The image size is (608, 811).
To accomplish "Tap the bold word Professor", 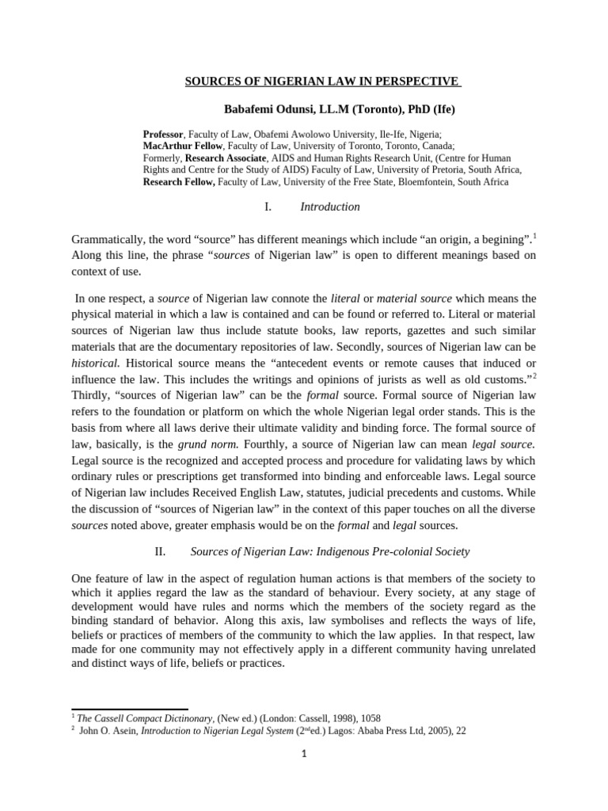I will (163, 135).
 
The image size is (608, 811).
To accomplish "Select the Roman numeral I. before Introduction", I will (267, 208).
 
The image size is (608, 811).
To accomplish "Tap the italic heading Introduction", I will (330, 208).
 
